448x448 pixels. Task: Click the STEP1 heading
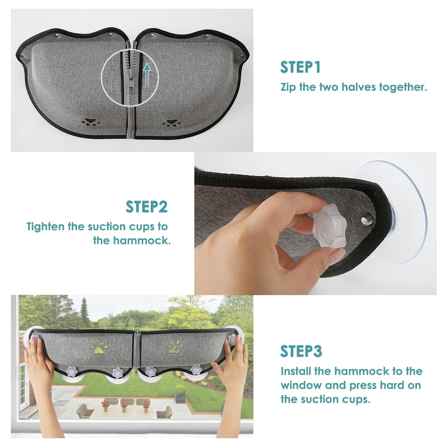point(300,67)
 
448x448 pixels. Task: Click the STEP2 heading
point(146,207)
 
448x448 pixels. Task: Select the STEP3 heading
point(301,351)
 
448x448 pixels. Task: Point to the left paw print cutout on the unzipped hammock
point(92,122)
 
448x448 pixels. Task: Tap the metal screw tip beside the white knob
point(365,220)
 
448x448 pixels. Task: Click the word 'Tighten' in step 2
point(46,227)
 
